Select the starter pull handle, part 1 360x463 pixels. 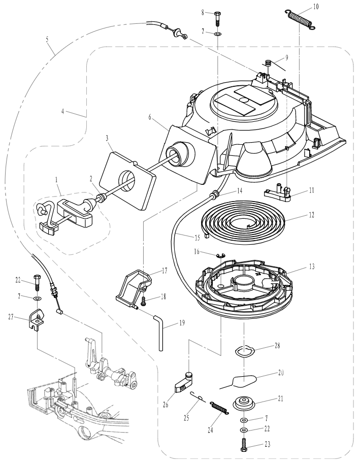coord(69,214)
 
